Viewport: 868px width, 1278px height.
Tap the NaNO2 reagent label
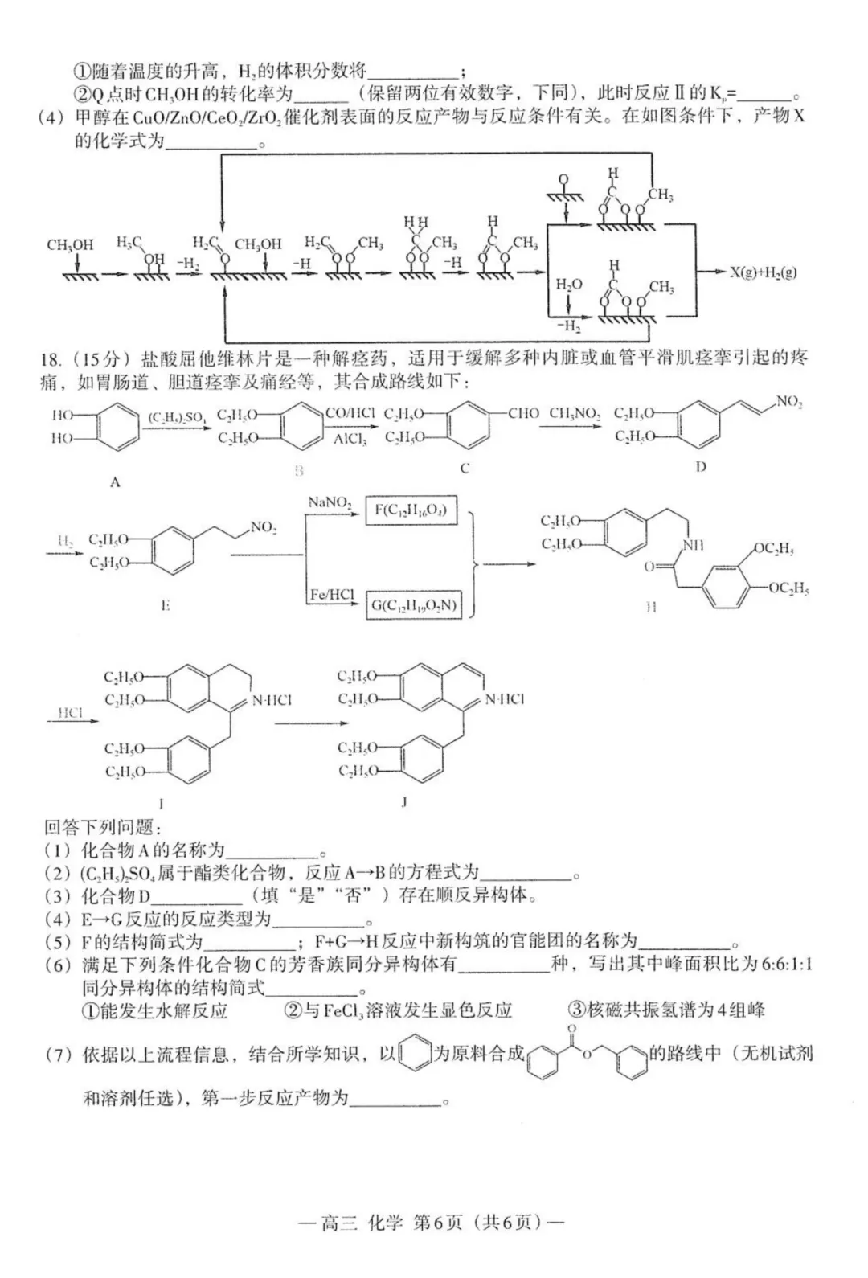click(x=330, y=502)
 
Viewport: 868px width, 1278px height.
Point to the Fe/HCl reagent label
click(x=331, y=595)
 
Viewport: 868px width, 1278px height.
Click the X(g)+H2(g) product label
click(x=763, y=272)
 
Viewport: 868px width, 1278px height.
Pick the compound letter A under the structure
click(x=115, y=482)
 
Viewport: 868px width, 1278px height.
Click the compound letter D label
click(x=700, y=467)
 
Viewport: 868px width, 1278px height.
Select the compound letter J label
click(x=404, y=801)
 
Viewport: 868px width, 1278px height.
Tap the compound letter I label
click(x=161, y=802)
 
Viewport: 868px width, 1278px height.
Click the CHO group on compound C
click(x=523, y=413)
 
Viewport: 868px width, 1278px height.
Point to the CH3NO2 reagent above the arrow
click(x=575, y=413)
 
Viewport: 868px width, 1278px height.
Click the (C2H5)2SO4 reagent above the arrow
click(x=178, y=416)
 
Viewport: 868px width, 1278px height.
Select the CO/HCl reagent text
click(x=350, y=412)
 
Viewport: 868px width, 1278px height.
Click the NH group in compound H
click(x=693, y=545)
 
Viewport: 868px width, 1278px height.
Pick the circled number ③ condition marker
click(x=575, y=1010)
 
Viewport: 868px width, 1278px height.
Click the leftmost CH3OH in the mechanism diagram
click(x=70, y=244)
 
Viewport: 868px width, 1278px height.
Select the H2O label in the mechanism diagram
click(x=568, y=285)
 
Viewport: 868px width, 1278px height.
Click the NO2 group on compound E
click(x=263, y=527)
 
